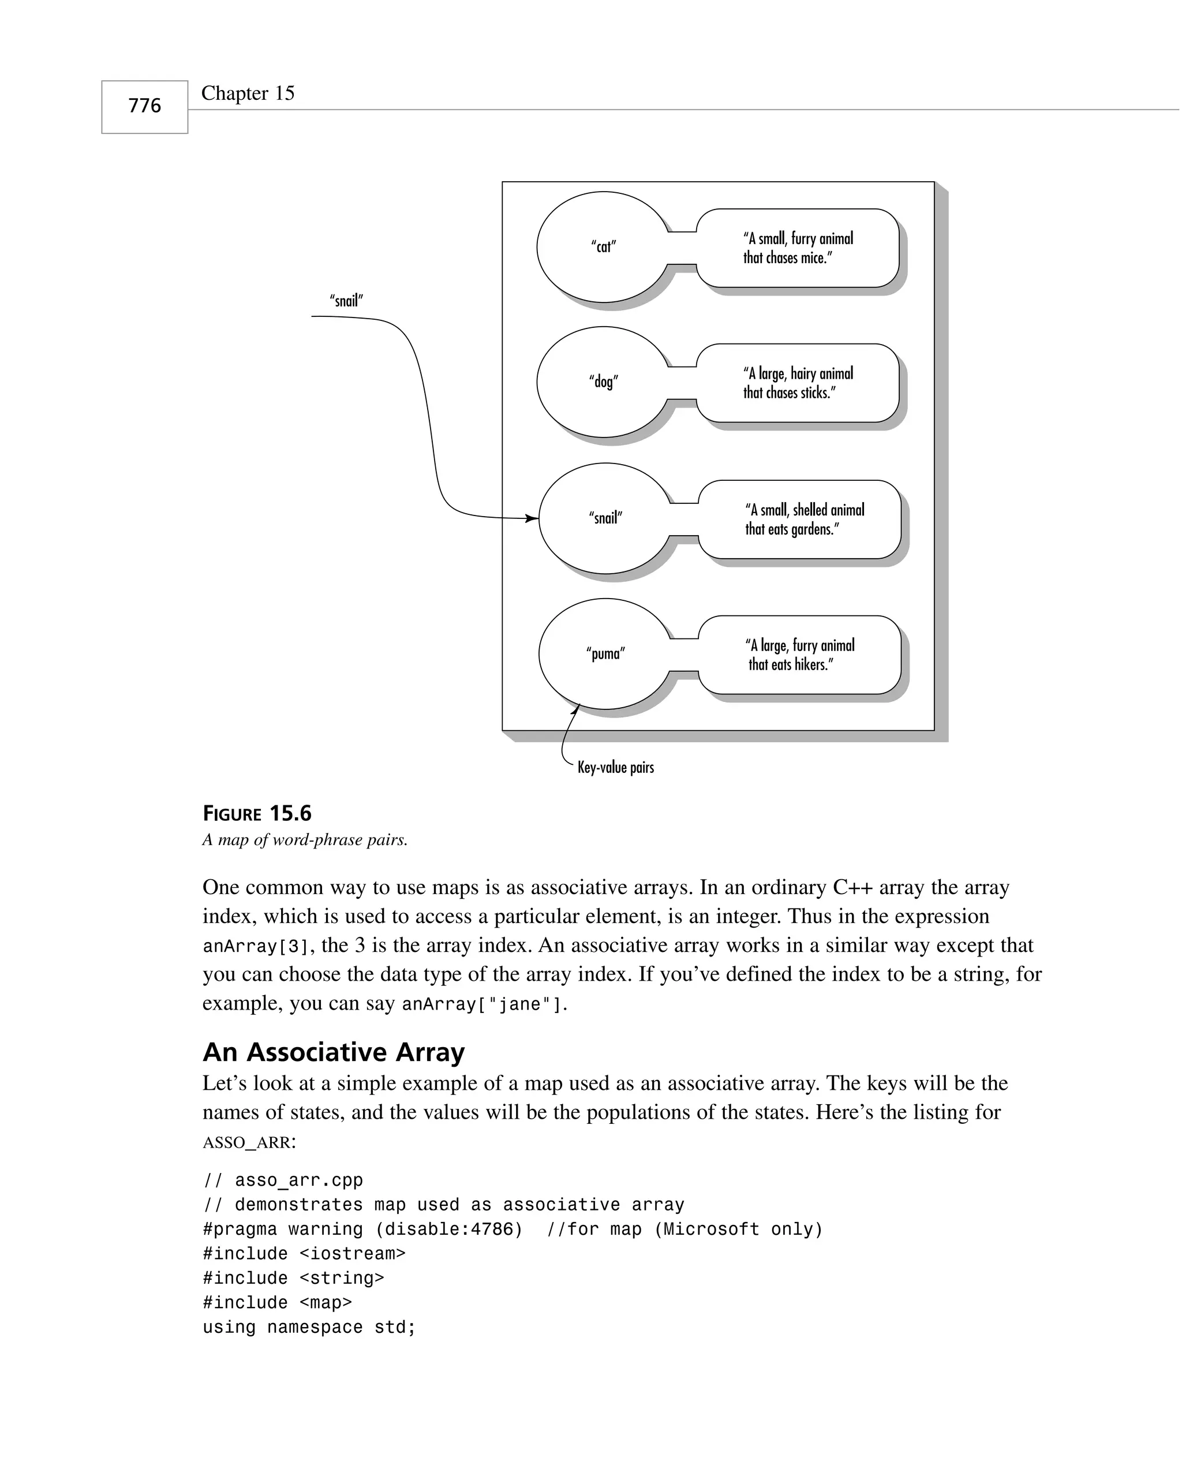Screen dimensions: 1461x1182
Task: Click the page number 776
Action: tap(144, 106)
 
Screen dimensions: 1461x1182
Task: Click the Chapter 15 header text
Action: tap(248, 94)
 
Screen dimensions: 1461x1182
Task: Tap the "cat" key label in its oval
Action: tap(603, 246)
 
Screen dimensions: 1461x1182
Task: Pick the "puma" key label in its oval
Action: tap(605, 653)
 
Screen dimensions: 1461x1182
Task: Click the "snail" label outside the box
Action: tap(346, 300)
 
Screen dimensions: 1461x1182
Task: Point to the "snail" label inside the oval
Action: tap(605, 518)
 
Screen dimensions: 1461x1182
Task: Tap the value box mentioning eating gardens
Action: tap(799, 520)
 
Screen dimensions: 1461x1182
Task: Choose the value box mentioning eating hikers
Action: tap(799, 655)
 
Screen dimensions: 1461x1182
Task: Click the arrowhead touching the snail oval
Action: tap(532, 519)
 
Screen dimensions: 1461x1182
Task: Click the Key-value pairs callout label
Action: tap(615, 767)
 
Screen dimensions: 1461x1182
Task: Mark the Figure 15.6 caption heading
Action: tap(257, 813)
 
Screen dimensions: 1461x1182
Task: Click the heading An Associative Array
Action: tap(334, 1052)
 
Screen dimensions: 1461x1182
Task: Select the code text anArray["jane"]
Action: tap(484, 1005)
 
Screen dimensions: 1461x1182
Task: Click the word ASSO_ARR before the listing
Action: tap(246, 1142)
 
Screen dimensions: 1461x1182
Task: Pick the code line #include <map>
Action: tap(277, 1302)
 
